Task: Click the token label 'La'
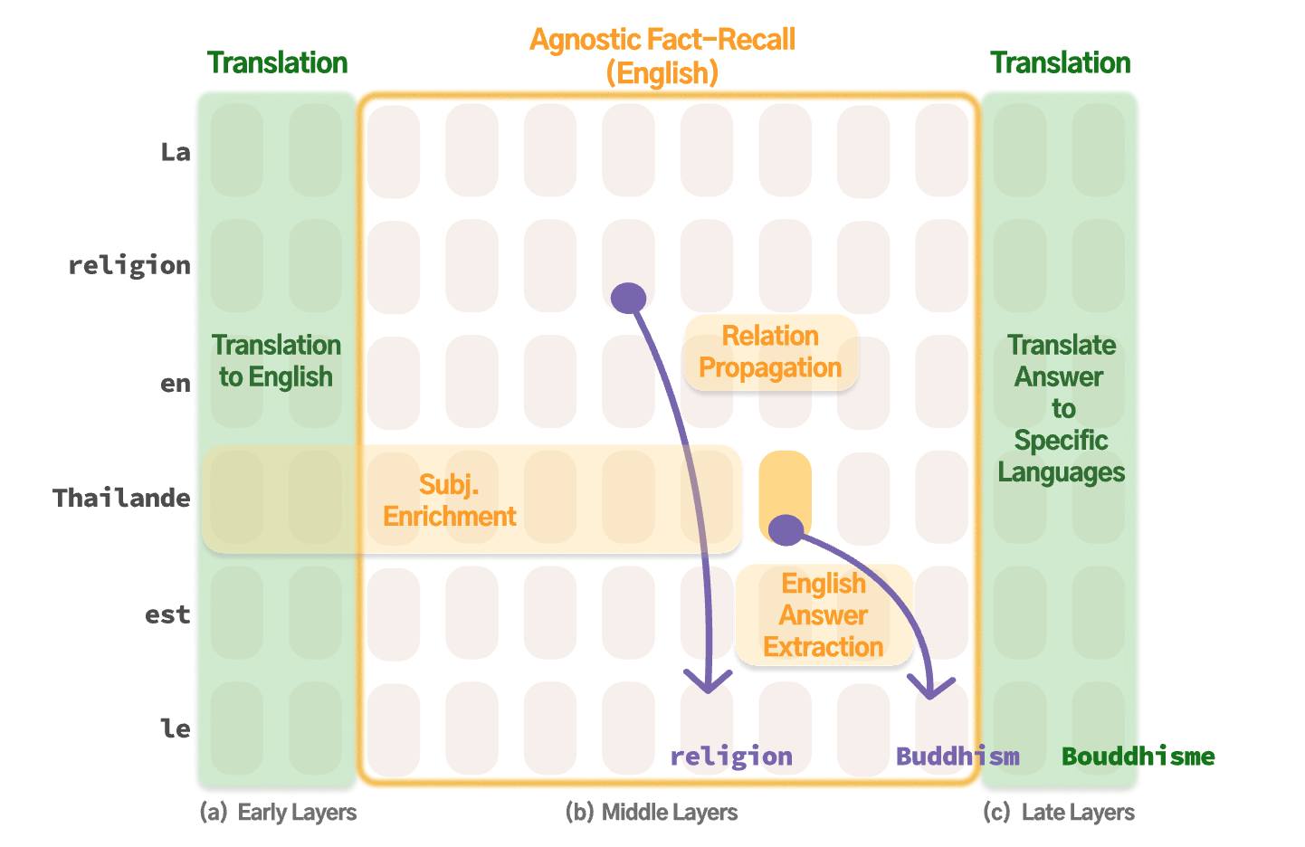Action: (176, 152)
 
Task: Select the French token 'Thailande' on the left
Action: (121, 498)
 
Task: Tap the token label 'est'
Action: (167, 615)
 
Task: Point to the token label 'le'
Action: (175, 728)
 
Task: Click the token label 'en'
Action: (176, 384)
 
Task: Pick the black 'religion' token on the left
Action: (129, 265)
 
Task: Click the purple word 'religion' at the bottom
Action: (731, 757)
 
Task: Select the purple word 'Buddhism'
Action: (957, 757)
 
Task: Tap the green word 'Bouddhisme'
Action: (1138, 757)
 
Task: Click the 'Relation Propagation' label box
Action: (770, 352)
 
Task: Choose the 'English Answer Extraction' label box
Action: (824, 615)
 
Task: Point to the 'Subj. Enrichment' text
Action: (449, 500)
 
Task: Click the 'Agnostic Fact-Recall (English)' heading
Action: (662, 56)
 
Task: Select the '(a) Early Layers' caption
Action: (278, 813)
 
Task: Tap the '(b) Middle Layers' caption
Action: (652, 813)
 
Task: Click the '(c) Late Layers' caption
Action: (1059, 813)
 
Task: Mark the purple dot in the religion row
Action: (628, 297)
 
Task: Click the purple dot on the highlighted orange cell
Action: (786, 530)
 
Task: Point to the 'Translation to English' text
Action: (276, 361)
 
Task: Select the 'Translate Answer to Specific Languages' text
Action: (1061, 409)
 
